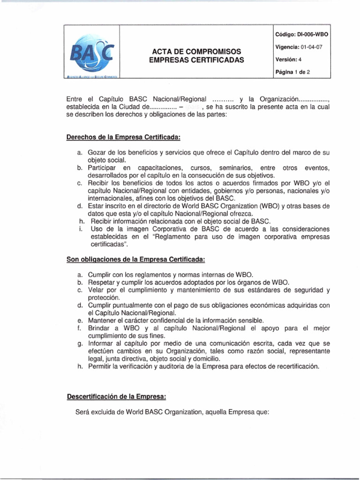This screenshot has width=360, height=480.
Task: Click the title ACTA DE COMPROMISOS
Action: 196,51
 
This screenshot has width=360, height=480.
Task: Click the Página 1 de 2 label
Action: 296,72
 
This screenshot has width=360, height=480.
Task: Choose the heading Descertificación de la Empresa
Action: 116,397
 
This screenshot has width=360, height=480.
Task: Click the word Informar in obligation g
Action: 102,344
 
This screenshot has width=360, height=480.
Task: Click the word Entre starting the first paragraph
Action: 76,99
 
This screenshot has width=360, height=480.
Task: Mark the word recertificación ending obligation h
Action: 295,367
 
